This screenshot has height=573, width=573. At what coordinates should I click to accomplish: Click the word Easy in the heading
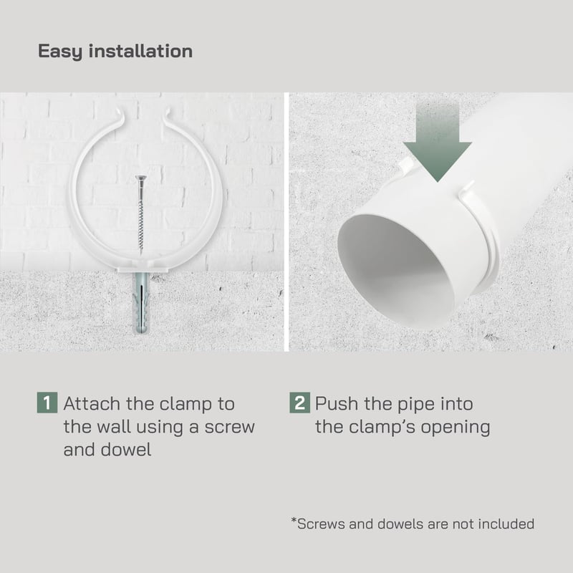point(60,51)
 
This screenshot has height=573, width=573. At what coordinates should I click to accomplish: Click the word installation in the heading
point(140,50)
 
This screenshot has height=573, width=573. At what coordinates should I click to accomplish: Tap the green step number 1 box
point(47,403)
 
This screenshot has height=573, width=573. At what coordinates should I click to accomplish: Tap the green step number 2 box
point(299,403)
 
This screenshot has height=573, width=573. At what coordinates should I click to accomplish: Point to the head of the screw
point(140,178)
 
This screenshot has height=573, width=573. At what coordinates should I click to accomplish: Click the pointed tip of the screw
point(140,254)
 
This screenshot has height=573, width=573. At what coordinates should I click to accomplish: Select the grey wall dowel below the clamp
point(141,302)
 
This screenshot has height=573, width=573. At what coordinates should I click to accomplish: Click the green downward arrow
point(437,143)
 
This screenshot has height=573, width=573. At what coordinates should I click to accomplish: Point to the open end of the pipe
point(397,271)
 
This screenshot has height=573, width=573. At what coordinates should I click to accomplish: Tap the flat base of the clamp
point(143,270)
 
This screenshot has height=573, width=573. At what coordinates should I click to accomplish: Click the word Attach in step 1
point(92,404)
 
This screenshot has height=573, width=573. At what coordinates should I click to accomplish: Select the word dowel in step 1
point(126,450)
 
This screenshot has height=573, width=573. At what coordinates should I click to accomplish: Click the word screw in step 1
point(229,428)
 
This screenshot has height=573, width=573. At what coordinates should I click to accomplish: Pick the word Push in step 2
point(336,404)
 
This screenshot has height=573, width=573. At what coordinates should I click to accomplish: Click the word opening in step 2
point(456,428)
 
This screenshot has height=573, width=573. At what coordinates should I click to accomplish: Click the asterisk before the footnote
point(294,520)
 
